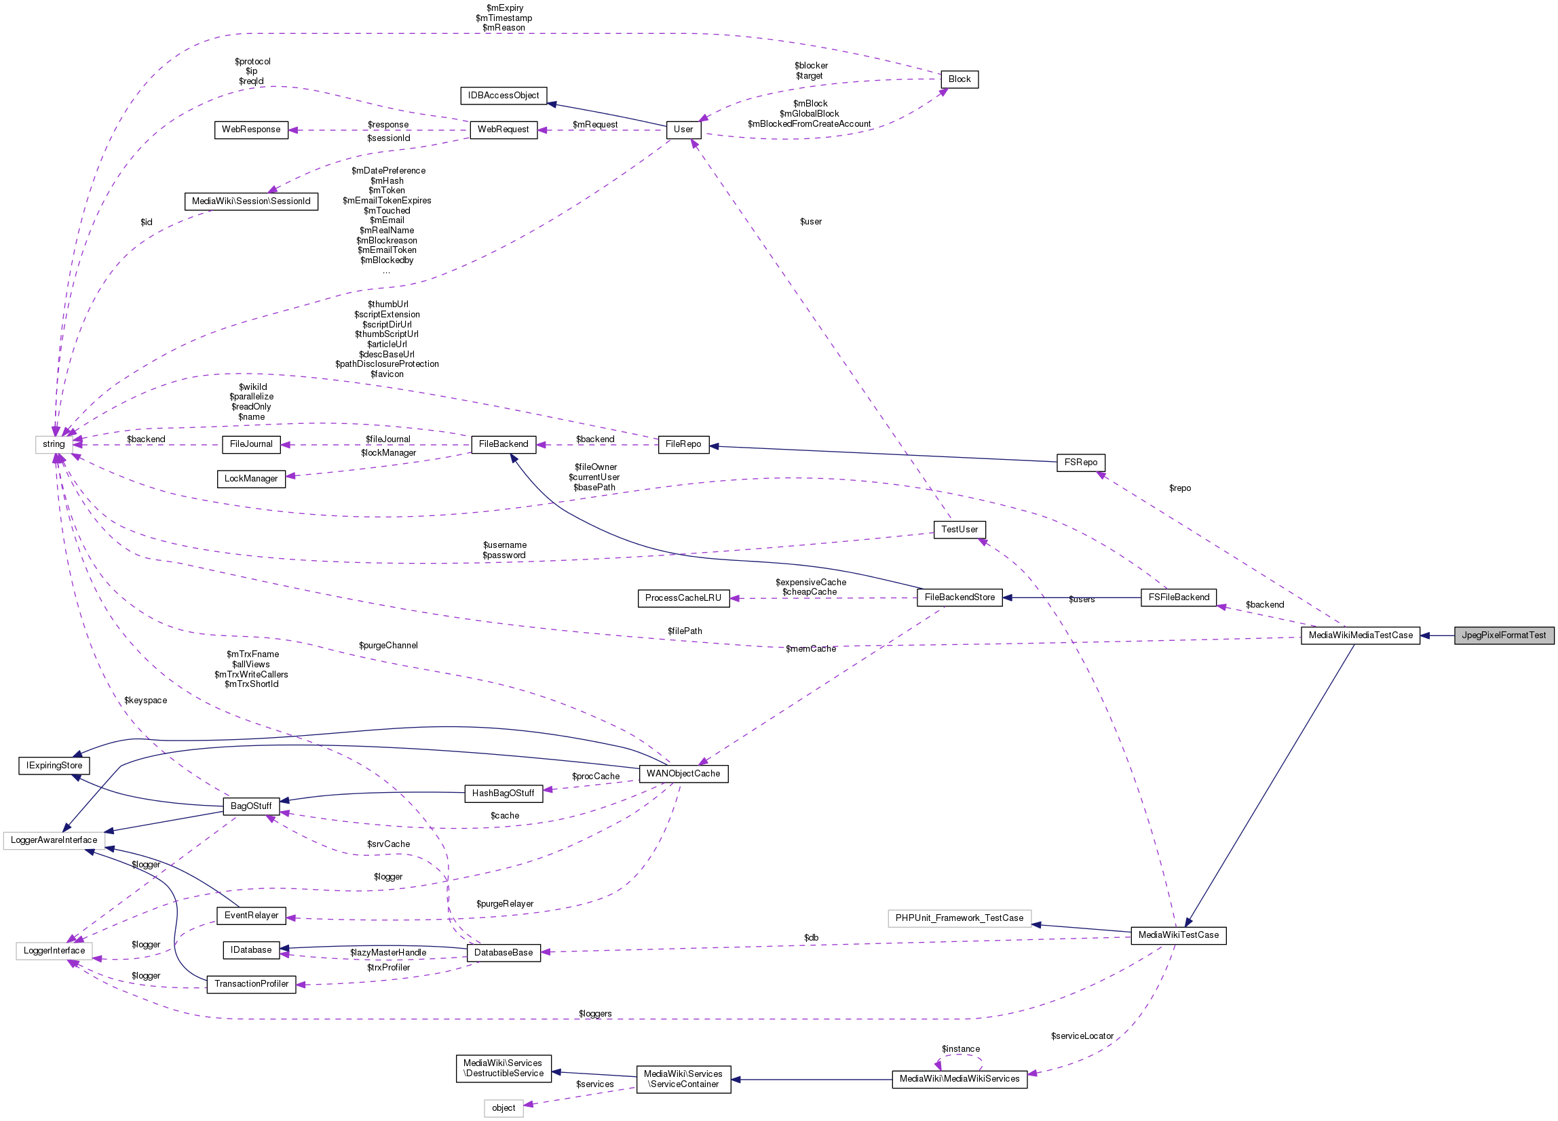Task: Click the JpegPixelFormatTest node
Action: (x=1503, y=635)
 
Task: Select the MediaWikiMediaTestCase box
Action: (x=1359, y=635)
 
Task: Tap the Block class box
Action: (x=959, y=79)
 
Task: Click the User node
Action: (x=683, y=129)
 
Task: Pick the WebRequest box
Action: (x=503, y=129)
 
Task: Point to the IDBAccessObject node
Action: (x=503, y=96)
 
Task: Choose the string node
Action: (x=54, y=444)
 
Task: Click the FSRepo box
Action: (x=1080, y=463)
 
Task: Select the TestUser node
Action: (x=959, y=529)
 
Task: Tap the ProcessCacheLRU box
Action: (x=683, y=598)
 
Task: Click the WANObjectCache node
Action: (x=683, y=774)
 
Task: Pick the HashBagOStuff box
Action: (x=503, y=793)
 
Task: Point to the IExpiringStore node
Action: (x=54, y=766)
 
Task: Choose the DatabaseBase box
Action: (x=503, y=952)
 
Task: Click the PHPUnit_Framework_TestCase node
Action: (x=959, y=918)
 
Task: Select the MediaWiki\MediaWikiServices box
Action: (x=959, y=1078)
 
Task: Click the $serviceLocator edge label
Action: (x=1081, y=1036)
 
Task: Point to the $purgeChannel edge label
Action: (x=388, y=646)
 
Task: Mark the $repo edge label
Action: (x=1179, y=488)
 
